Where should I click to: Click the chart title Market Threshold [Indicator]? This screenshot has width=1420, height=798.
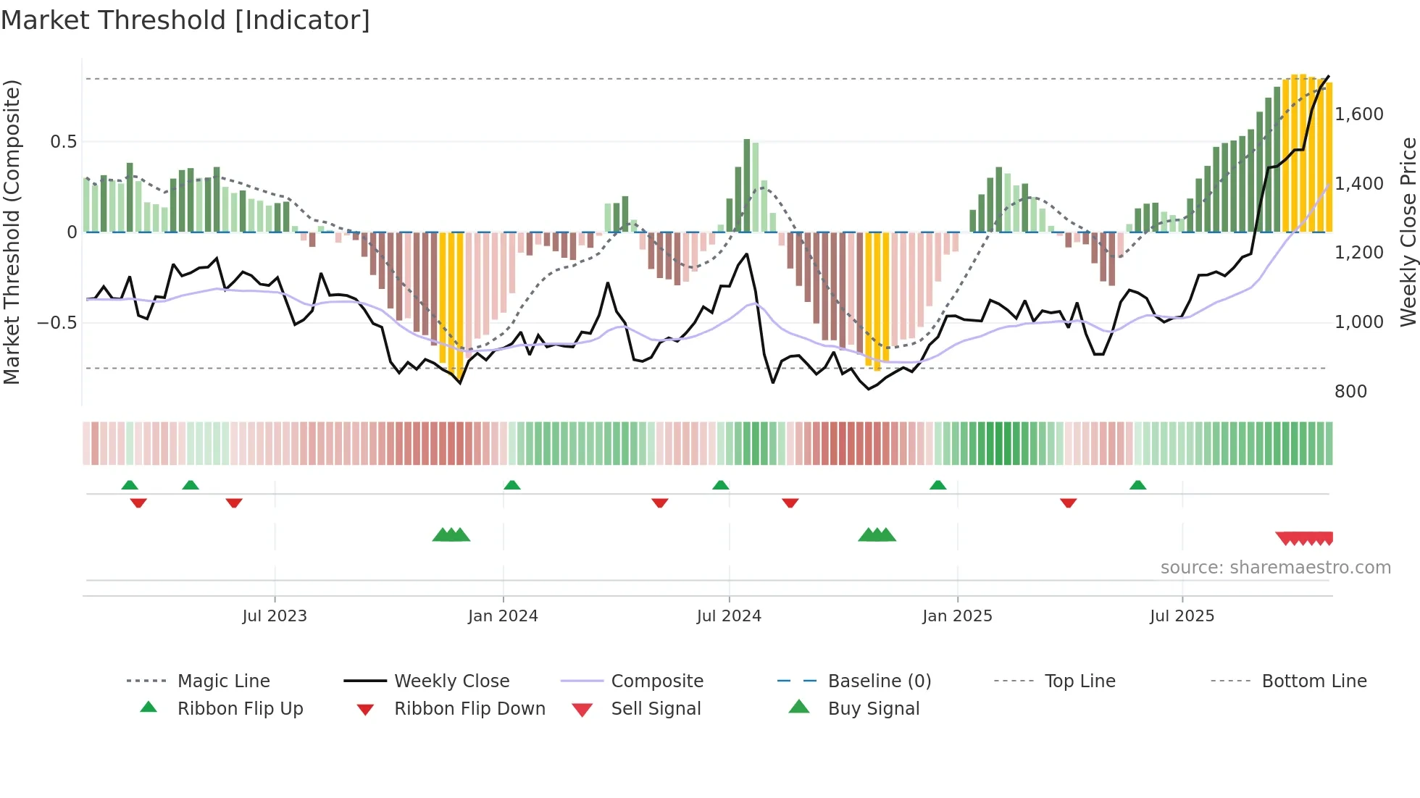coord(185,20)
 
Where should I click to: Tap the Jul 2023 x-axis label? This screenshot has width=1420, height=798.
coord(275,616)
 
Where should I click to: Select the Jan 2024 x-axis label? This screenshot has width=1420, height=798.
coord(503,616)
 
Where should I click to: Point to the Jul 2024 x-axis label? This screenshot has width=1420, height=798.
coord(729,616)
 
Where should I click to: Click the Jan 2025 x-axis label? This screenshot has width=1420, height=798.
coord(957,616)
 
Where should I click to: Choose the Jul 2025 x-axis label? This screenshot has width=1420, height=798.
coord(1182,616)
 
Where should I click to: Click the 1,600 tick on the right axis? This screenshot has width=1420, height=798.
coord(1359,114)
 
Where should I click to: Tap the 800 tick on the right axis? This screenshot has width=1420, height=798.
coord(1350,392)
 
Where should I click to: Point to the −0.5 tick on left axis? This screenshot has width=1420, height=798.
coord(57,322)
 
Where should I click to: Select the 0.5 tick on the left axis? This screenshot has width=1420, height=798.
coord(63,142)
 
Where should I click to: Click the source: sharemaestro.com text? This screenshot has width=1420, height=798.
coord(1275,568)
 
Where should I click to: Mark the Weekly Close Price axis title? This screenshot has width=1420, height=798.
coord(1408,232)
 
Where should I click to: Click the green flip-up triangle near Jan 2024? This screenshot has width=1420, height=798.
coord(512,485)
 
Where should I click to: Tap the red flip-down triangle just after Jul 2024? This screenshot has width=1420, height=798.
coord(790,503)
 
